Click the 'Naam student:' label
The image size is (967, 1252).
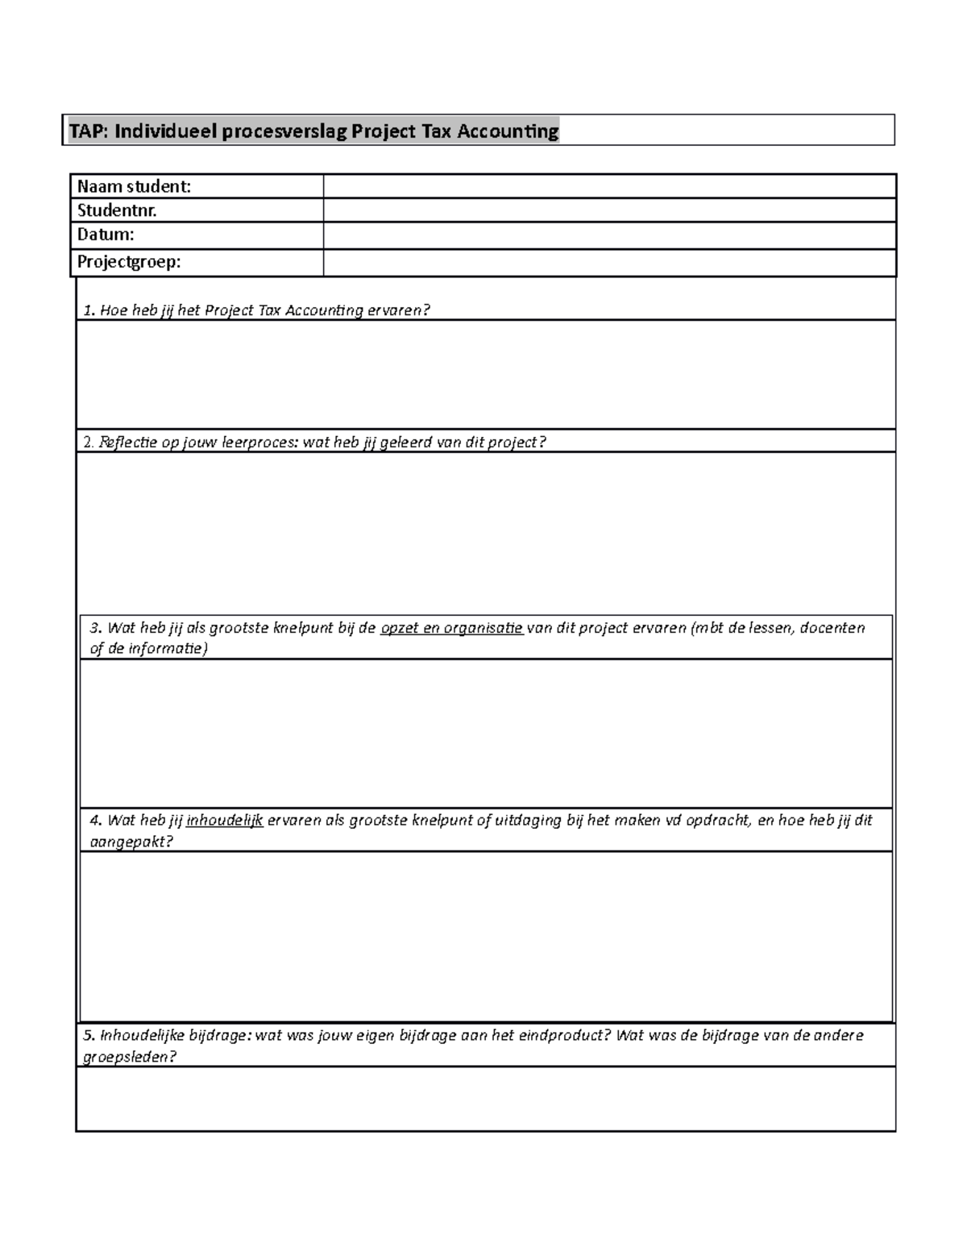click(134, 186)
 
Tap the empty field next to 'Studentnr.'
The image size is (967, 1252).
click(609, 210)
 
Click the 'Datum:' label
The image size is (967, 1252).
click(106, 235)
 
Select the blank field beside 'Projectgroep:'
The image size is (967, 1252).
click(609, 263)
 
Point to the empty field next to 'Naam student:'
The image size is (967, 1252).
click(609, 186)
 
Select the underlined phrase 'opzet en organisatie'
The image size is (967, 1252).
click(451, 628)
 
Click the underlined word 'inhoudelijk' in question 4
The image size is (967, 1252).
click(225, 821)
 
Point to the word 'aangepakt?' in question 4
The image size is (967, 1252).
click(131, 842)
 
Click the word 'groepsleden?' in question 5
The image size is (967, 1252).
click(130, 1057)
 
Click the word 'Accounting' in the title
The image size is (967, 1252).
click(508, 131)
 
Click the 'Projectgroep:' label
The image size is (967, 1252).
click(129, 263)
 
